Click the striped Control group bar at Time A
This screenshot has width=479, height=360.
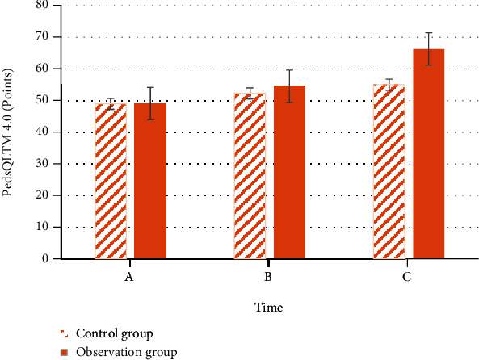[x=111, y=182]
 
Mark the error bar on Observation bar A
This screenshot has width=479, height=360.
[x=150, y=103]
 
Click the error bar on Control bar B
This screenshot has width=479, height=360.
[x=250, y=93]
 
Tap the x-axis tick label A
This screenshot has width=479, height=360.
[x=128, y=277]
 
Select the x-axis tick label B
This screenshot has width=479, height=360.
[x=268, y=277]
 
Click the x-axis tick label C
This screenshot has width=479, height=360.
[x=407, y=277]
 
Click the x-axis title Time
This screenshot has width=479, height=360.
[x=268, y=308]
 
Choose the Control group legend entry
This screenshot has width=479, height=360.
[x=113, y=333]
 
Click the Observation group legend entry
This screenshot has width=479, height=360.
[x=125, y=352]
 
